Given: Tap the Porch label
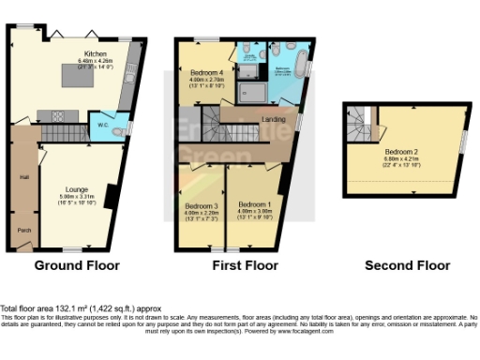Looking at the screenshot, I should [24, 228].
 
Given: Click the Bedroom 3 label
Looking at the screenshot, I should [202, 205].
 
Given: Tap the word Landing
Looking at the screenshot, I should [274, 119].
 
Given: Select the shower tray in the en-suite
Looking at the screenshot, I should [250, 89].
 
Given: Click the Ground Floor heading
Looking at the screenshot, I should [77, 266].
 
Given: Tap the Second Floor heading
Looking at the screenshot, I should [404, 266].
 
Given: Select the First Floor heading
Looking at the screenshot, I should [240, 266].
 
